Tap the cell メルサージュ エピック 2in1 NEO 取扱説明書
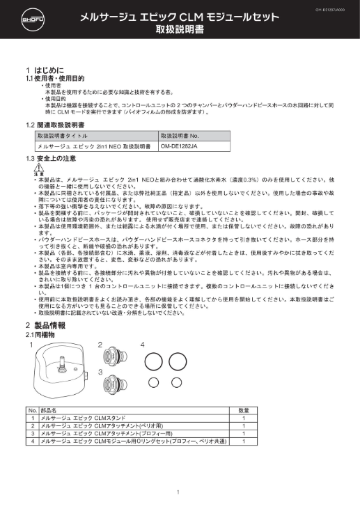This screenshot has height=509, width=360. click(94, 147)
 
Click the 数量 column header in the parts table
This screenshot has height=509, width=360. click(244, 411)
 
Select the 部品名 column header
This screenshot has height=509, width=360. click(50, 411)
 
